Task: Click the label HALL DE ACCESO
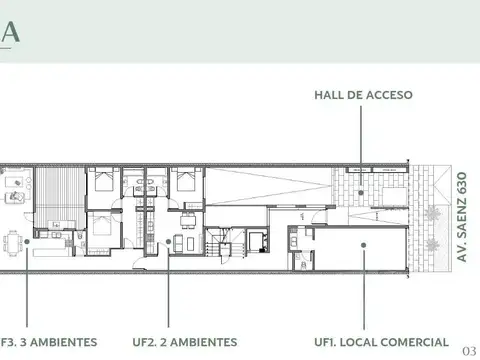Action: point(363,96)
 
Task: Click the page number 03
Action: point(470,351)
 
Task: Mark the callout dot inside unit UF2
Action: point(167,241)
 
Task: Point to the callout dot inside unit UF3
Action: point(30,241)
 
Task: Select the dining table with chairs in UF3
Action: point(12,241)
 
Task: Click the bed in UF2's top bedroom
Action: point(185,182)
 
